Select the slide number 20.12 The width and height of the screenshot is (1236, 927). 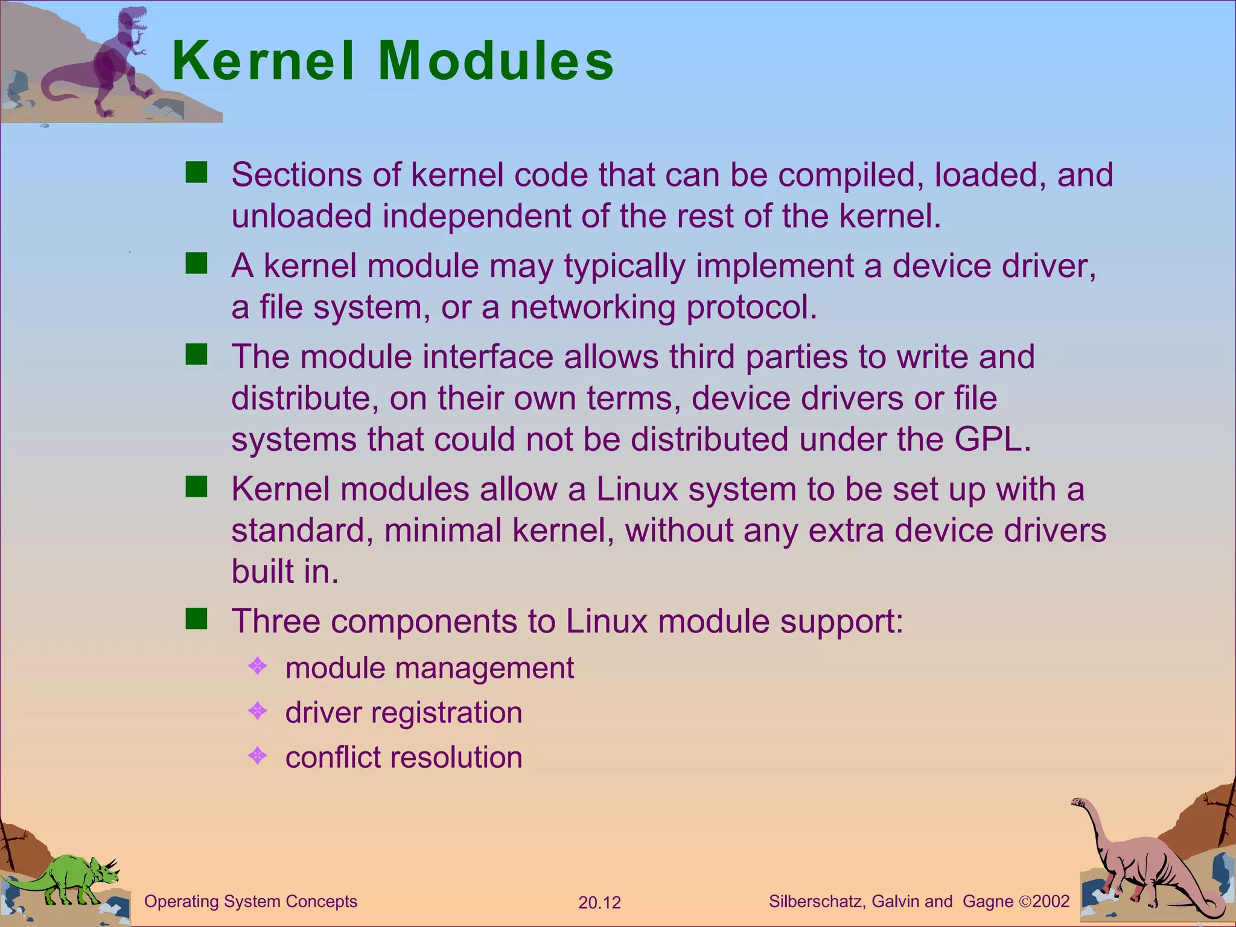click(599, 903)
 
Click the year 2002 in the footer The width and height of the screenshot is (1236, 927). click(1051, 902)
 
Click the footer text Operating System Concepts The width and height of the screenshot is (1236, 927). click(250, 902)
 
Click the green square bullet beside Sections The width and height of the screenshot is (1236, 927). click(196, 173)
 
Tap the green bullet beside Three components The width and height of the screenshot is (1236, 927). click(196, 619)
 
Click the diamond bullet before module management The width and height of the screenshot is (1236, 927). click(258, 666)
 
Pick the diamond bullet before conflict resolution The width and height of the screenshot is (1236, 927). click(258, 756)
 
